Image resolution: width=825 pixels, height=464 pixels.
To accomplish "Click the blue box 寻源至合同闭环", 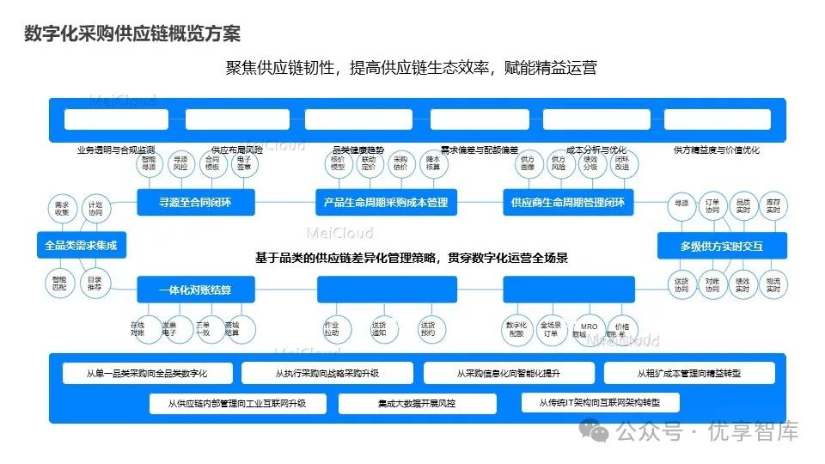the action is (x=195, y=204).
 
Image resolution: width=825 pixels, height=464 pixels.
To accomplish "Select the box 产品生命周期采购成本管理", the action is (x=385, y=204).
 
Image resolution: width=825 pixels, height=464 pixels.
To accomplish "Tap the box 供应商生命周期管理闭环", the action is (x=568, y=204).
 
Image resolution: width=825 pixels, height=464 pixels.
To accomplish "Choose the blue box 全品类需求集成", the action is (x=81, y=246).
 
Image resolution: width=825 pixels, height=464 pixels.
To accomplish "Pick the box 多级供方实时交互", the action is (x=721, y=247).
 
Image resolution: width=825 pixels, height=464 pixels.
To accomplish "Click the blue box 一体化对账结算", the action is (x=195, y=290).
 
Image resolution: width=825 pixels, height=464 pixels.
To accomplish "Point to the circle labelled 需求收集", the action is (x=62, y=209).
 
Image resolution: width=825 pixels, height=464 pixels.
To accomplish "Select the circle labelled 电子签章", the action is (x=244, y=163).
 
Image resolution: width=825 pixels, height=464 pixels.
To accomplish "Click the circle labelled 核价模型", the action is (x=338, y=163).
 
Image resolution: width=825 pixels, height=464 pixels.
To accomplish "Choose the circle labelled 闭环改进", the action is (x=621, y=163).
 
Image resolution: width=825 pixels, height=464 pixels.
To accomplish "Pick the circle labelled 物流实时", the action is (x=773, y=284).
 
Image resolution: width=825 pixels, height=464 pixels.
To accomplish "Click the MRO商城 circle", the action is (x=590, y=331).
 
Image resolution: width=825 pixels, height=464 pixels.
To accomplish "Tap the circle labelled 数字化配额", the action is (x=516, y=330).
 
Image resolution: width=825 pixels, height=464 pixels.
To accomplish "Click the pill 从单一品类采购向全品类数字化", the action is (x=147, y=373).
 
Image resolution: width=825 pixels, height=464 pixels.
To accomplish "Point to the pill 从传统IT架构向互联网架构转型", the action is (x=601, y=402).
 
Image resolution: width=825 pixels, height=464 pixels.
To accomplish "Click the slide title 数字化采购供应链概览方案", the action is (x=132, y=34).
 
